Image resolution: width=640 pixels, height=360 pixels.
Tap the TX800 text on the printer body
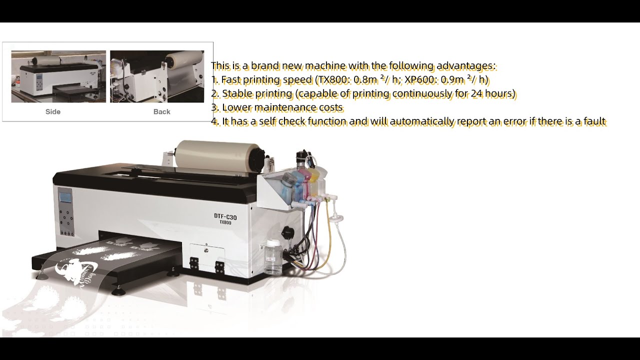point(225,223)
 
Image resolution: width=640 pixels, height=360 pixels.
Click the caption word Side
point(53,111)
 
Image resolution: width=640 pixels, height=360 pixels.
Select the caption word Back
point(161,111)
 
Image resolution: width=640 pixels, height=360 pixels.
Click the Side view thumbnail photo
point(58,76)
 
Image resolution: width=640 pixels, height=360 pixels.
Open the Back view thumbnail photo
point(157,76)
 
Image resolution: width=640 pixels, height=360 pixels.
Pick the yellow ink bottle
point(314,182)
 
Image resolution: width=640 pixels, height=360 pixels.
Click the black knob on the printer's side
point(287,231)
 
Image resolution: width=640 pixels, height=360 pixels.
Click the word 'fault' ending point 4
point(593,121)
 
